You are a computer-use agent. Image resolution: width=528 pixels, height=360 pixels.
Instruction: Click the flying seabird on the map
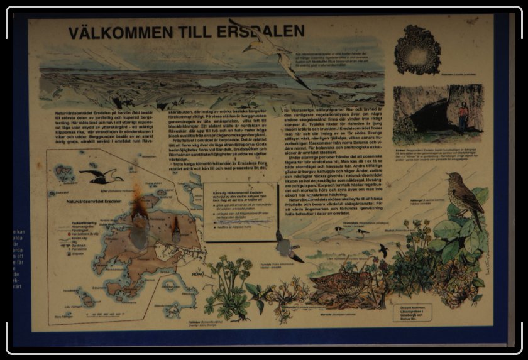[x=100, y=177]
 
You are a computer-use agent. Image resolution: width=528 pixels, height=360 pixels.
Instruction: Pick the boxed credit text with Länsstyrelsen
[x=415, y=313]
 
